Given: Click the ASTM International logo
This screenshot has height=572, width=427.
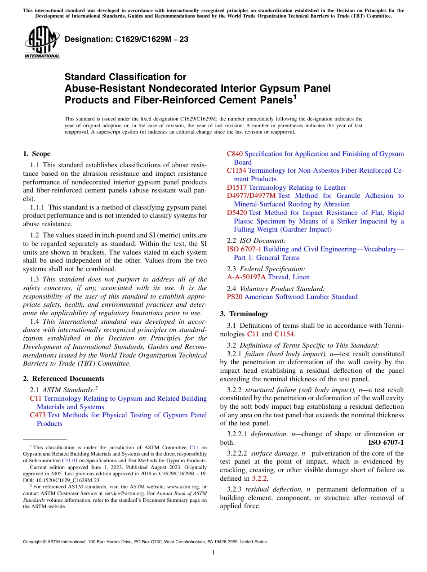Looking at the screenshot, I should pyautogui.click(x=41, y=42).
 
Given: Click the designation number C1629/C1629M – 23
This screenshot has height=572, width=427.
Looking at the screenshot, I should pyautogui.click(x=126, y=40).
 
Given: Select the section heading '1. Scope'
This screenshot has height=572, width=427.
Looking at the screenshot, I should pyautogui.click(x=37, y=154).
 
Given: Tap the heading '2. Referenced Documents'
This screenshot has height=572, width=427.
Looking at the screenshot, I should pyautogui.click(x=64, y=379).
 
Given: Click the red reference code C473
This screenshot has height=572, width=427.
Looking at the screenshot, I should pyautogui.click(x=38, y=415).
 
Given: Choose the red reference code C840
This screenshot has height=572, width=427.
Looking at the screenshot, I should pyautogui.click(x=235, y=154).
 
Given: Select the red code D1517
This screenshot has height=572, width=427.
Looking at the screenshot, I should pyautogui.click(x=237, y=188).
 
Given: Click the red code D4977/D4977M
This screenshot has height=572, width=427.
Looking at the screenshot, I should pyautogui.click(x=251, y=196).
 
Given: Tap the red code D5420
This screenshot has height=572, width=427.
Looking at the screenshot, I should pyautogui.click(x=237, y=213).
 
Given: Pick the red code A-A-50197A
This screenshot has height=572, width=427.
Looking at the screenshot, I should pyautogui.click(x=246, y=277).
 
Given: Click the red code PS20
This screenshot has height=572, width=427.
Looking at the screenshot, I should pyautogui.click(x=235, y=297).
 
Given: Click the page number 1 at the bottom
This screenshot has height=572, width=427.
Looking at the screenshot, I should pyautogui.click(x=213, y=553).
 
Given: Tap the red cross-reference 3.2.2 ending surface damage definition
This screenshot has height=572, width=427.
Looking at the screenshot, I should pyautogui.click(x=259, y=478).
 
